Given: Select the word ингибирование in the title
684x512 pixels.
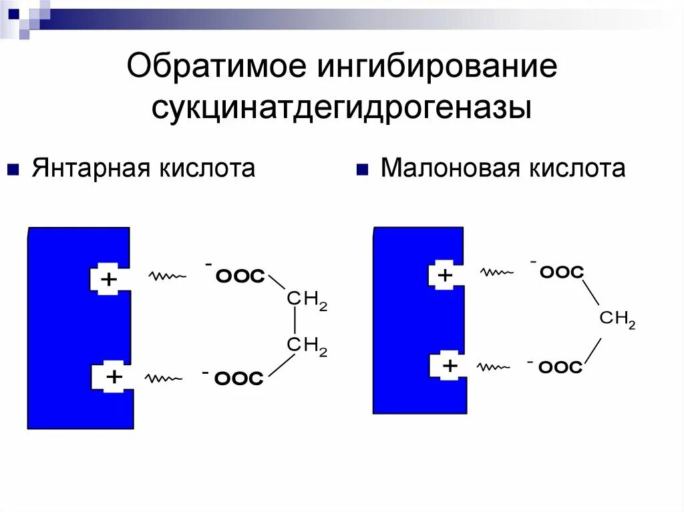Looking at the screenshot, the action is [438, 69].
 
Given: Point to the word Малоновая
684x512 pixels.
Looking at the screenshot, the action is [450, 168].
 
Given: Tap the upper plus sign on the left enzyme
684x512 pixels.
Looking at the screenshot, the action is [108, 280].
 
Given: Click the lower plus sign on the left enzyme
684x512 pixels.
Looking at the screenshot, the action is [114, 377].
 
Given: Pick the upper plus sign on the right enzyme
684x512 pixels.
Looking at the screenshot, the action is [444, 274].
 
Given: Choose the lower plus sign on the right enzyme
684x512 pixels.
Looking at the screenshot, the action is [450, 365].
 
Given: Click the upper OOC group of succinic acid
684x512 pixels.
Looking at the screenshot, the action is [239, 276].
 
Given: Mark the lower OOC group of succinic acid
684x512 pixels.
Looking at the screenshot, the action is [238, 379].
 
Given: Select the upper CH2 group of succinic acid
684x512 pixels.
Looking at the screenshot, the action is [307, 300].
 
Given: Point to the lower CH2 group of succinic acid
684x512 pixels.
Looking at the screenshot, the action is [307, 346].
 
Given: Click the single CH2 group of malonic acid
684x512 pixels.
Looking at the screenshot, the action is [617, 319].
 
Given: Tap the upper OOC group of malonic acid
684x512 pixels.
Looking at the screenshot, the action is [561, 272].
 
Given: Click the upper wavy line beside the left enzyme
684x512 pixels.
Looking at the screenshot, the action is [167, 276].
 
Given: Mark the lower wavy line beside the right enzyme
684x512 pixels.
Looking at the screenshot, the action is [495, 366].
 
